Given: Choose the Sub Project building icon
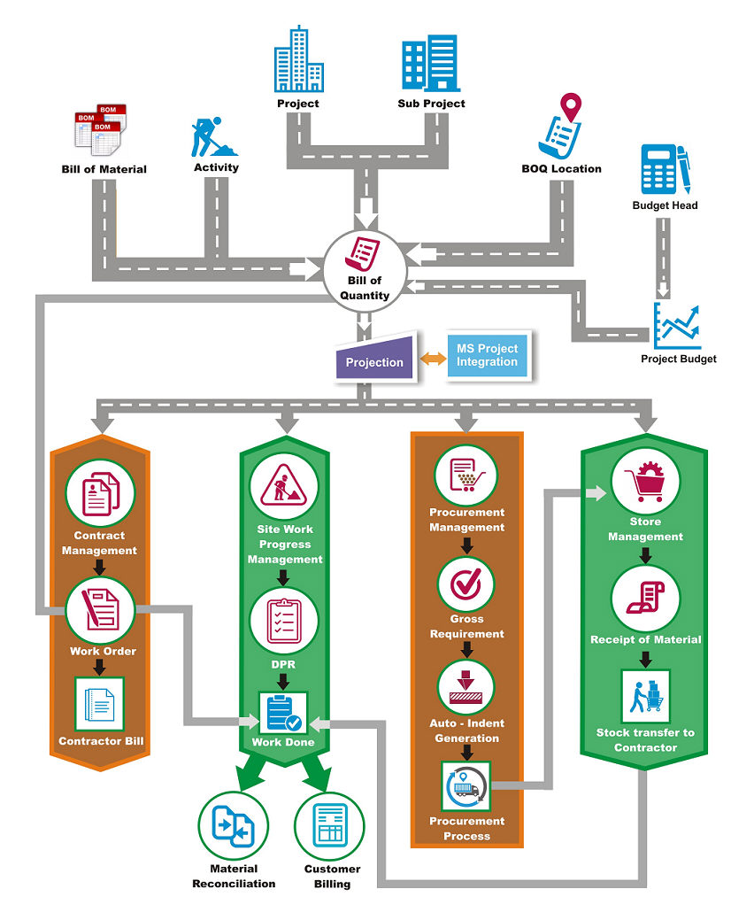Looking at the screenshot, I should click(431, 64).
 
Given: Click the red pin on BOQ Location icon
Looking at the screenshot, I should click(573, 107).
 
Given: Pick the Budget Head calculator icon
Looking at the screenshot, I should click(665, 169).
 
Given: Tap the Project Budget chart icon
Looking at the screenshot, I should click(677, 326).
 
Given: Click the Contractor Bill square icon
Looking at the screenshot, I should click(100, 705).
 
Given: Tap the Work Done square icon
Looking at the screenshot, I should click(282, 712).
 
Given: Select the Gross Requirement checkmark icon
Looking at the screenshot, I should click(465, 584).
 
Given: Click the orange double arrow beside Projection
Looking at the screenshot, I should click(430, 359).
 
